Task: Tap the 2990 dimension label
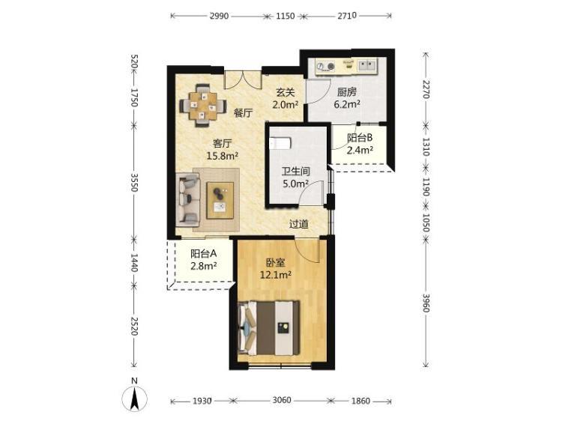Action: click(218, 16)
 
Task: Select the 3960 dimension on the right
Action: click(426, 303)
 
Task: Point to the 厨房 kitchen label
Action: click(347, 92)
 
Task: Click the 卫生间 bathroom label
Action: click(296, 172)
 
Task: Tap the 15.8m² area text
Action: click(223, 156)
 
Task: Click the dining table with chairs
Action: click(203, 106)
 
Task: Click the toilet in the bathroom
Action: click(280, 143)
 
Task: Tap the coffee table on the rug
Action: click(220, 200)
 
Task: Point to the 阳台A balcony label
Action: click(203, 254)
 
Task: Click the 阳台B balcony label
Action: click(360, 138)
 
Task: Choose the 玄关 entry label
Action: click(285, 92)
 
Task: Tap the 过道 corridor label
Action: click(299, 224)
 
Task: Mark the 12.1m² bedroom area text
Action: click(276, 275)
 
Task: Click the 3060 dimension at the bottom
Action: click(282, 400)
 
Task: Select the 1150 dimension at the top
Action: click(285, 16)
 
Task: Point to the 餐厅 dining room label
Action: click(244, 113)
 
